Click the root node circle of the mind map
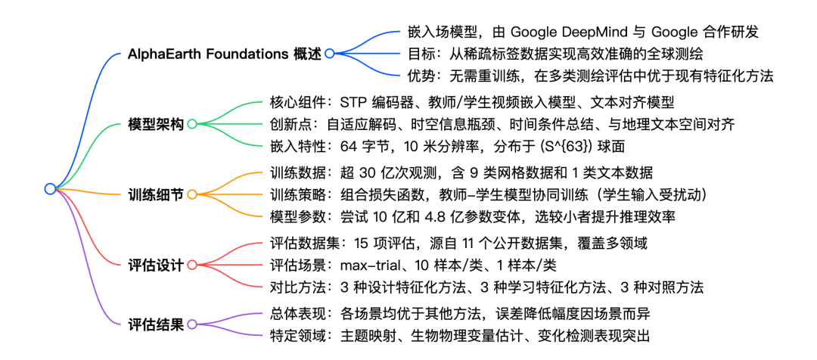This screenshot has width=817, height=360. click(x=50, y=188)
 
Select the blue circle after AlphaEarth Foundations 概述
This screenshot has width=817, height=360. click(x=329, y=54)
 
